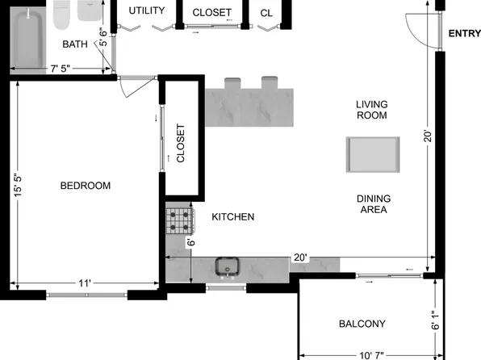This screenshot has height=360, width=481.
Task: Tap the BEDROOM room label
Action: click(x=86, y=186)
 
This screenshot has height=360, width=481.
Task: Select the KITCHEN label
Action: click(x=233, y=217)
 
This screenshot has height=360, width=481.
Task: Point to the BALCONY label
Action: click(x=362, y=324)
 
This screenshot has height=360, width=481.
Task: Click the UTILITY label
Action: click(x=147, y=10)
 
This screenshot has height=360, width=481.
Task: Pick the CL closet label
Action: click(x=266, y=13)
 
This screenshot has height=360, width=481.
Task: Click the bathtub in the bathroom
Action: click(x=27, y=38)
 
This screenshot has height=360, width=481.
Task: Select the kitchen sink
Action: click(x=226, y=266)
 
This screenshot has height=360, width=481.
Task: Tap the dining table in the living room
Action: click(x=373, y=154)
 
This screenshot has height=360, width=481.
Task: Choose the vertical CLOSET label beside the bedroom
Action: click(x=181, y=144)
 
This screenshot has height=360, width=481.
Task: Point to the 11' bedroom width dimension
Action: click(x=85, y=283)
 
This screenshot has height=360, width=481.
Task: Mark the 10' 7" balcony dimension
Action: click(x=370, y=354)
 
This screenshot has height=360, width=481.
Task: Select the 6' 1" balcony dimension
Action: click(x=436, y=321)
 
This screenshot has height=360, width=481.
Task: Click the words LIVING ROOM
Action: click(x=372, y=110)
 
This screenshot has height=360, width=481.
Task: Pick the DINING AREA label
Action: click(x=372, y=203)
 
